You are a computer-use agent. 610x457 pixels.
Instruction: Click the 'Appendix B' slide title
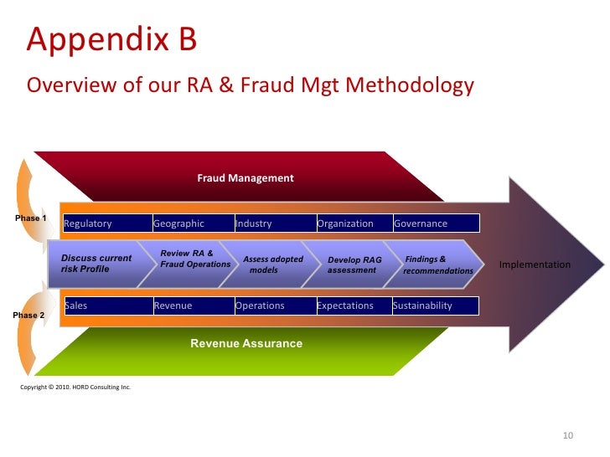(111, 39)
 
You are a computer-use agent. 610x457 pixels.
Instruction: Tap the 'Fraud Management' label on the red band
(245, 178)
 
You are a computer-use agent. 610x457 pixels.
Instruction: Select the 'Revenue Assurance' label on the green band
(246, 343)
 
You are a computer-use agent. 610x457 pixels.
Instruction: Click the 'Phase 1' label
(31, 218)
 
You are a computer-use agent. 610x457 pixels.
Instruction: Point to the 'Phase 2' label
(30, 315)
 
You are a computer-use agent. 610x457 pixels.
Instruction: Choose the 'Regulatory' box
(106, 223)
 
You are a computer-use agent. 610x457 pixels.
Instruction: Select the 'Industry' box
(274, 223)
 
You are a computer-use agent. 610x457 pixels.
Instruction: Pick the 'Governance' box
(436, 223)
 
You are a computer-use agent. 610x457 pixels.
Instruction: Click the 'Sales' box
(108, 306)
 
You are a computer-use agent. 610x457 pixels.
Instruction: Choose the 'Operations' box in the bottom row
(274, 306)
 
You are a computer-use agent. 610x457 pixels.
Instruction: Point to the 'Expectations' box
(353, 306)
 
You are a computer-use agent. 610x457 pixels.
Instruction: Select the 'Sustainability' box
(435, 306)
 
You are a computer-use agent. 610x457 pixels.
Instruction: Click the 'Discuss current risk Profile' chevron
(101, 264)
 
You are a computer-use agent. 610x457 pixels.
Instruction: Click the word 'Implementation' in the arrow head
(535, 264)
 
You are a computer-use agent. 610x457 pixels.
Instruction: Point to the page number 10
(567, 435)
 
